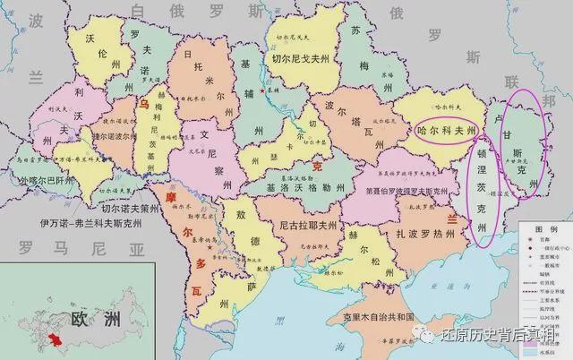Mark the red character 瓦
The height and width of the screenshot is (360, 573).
click(197, 290)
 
